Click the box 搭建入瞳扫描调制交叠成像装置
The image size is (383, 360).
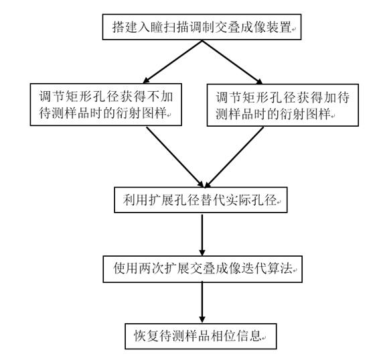point(202,27)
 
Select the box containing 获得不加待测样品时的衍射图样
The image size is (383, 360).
point(106,105)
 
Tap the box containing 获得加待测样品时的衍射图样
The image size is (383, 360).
point(283,105)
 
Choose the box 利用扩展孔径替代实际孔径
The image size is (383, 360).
point(201,200)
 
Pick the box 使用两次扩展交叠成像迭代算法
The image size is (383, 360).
point(203,269)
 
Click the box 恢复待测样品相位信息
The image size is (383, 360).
point(201,336)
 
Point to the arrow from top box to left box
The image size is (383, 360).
point(173,62)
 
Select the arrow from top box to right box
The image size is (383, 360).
point(232,62)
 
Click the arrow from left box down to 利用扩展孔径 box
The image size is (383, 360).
point(175,157)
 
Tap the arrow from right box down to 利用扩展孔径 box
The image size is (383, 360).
point(234,157)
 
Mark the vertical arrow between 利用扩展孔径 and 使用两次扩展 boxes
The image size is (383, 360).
point(202,235)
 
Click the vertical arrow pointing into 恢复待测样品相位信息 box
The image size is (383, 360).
point(202,303)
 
